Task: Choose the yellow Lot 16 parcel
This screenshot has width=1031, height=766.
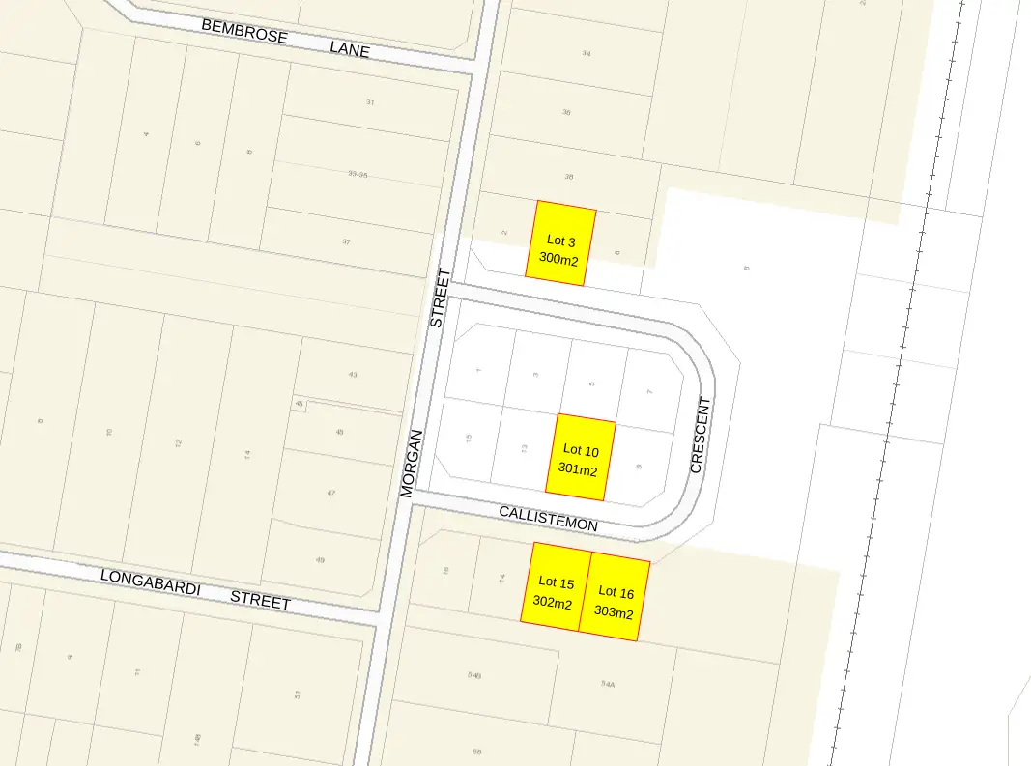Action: tap(615, 598)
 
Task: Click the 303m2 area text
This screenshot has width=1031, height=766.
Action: tap(615, 612)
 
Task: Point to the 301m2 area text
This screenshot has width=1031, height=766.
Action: tap(578, 470)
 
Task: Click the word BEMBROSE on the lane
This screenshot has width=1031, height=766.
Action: tap(244, 30)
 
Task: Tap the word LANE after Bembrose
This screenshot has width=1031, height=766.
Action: tap(349, 48)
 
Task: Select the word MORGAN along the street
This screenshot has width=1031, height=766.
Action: tap(412, 463)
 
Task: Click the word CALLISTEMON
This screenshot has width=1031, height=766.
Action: tap(548, 517)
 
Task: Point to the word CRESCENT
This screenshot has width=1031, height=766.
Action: tap(701, 435)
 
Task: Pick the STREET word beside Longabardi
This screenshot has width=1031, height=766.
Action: tap(260, 600)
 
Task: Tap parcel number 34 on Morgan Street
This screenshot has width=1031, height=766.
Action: tap(587, 53)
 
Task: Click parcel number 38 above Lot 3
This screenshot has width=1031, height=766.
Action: tap(569, 177)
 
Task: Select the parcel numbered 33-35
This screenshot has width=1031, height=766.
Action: tap(358, 174)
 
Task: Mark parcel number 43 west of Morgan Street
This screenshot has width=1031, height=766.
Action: tap(353, 375)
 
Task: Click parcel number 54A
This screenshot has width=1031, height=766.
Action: tap(608, 683)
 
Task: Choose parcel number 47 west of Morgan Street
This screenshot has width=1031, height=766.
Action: tap(331, 493)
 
